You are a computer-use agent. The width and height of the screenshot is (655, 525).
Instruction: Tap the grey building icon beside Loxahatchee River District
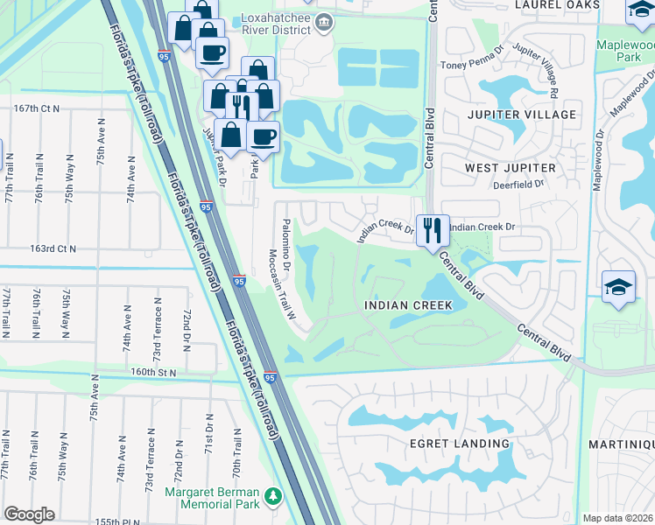coord(325,22)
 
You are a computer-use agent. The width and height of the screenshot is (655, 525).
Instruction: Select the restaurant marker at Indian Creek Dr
coord(433,231)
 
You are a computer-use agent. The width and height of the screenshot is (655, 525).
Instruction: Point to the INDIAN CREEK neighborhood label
coord(408,305)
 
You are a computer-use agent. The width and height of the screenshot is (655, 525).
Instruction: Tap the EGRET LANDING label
coord(460,444)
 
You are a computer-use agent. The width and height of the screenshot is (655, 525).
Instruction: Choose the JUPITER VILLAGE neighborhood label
coord(521,115)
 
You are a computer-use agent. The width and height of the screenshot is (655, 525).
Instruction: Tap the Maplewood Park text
coord(624,51)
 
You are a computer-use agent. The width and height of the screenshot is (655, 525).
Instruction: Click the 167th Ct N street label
coord(37,108)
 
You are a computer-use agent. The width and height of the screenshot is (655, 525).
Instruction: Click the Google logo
coord(30,514)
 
